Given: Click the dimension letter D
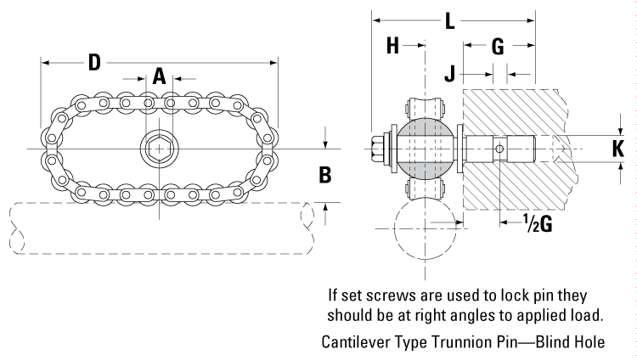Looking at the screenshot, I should (x=94, y=63).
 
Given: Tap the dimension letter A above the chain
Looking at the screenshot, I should (x=159, y=77).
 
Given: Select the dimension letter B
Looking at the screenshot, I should (x=324, y=175).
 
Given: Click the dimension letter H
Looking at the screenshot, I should (x=393, y=46).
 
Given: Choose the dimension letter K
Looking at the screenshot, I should (x=619, y=149).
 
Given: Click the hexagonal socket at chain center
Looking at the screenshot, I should (x=158, y=149).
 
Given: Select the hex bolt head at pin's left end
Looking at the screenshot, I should (x=379, y=149).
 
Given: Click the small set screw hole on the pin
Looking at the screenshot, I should (x=500, y=149).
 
